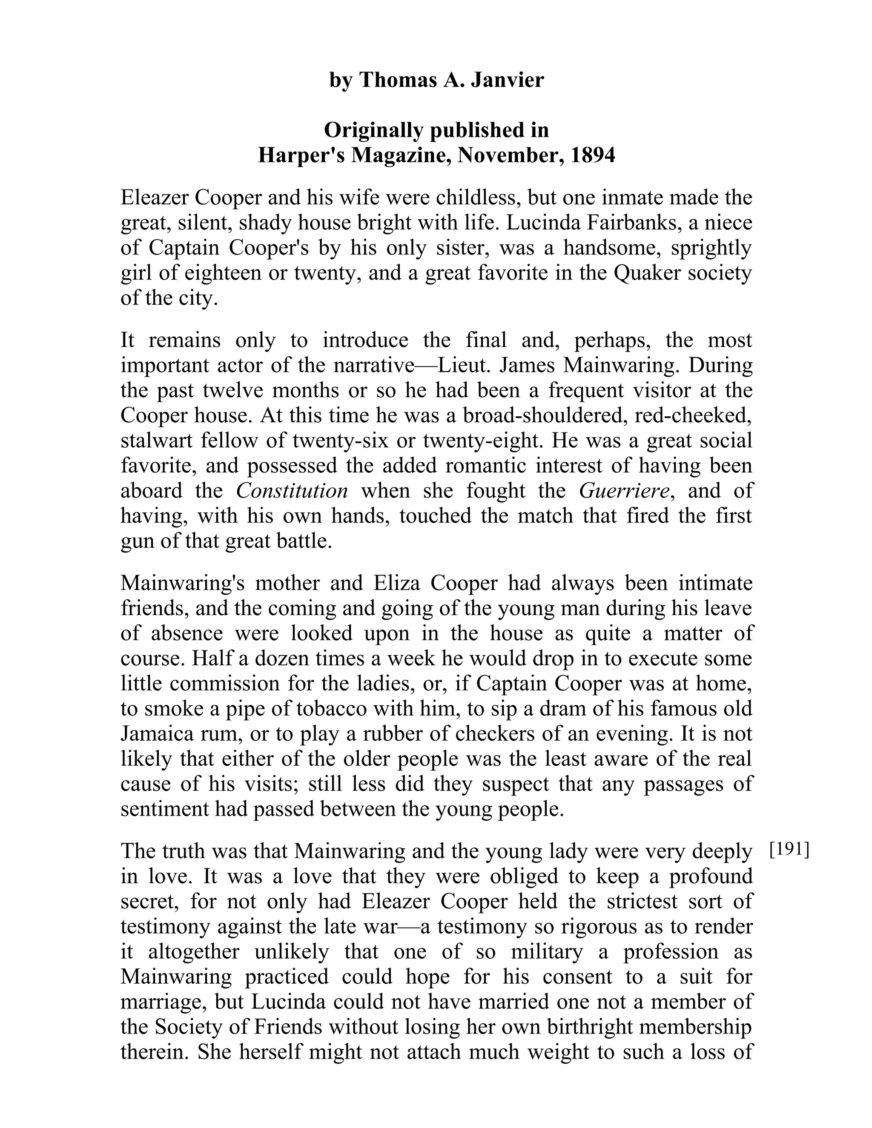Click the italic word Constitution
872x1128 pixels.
click(x=292, y=491)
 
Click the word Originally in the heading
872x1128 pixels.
click(x=373, y=130)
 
